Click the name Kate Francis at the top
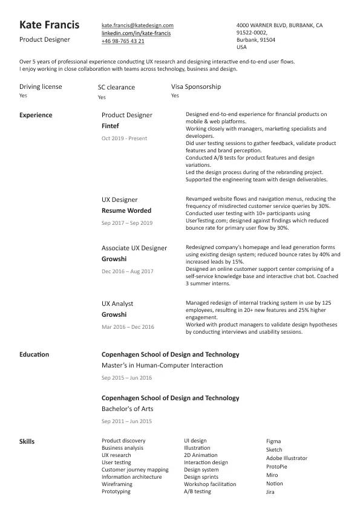point(49,25)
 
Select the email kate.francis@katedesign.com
point(137,25)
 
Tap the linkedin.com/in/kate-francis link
point(136,33)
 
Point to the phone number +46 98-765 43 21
point(123,41)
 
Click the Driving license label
point(41,86)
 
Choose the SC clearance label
point(116,87)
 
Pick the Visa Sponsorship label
point(195,86)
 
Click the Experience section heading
point(36,115)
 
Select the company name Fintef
point(110,126)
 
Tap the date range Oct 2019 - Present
point(124,138)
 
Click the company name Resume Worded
point(126,211)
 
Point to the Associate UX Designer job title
point(134,248)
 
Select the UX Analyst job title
point(117,303)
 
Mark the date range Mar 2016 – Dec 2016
point(128,327)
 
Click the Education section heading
point(34,354)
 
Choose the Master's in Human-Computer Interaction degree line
point(162,366)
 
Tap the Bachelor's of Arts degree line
point(127,409)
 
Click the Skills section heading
point(27,441)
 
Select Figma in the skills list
point(273,441)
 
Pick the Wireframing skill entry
point(117,484)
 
